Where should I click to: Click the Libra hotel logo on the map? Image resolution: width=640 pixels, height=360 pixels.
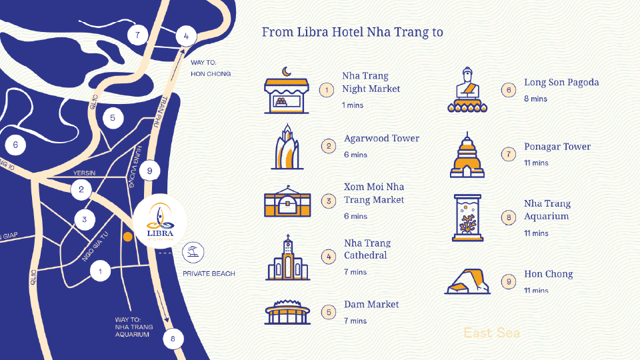160,221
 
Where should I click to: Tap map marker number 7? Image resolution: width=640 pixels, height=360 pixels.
137,35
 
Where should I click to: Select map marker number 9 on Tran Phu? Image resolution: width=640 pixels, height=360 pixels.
149,171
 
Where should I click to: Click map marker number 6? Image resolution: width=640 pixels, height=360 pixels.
15,145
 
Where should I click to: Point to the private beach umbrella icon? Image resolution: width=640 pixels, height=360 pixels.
193,252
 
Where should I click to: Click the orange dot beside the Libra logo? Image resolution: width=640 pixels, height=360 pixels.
128,237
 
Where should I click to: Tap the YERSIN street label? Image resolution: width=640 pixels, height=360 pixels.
84,173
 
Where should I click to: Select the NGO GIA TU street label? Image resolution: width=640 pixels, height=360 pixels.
95,247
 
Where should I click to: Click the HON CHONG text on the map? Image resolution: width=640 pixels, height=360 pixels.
211,74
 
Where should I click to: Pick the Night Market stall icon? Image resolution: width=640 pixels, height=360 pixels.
287,90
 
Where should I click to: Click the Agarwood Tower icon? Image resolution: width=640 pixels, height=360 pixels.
287,147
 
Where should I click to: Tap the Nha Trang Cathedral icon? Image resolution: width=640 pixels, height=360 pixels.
288,257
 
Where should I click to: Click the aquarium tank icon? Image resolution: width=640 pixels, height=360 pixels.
468,217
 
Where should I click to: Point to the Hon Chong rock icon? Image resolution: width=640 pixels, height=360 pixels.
467,281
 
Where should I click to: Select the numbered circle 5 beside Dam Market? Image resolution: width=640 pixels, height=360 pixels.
329,312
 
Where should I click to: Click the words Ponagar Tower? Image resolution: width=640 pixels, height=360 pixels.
557,147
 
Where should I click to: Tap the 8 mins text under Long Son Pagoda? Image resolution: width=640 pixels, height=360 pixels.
535,99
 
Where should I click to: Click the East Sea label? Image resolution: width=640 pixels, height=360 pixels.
492,333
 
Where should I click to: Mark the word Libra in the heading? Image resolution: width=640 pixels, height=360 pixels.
313,32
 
